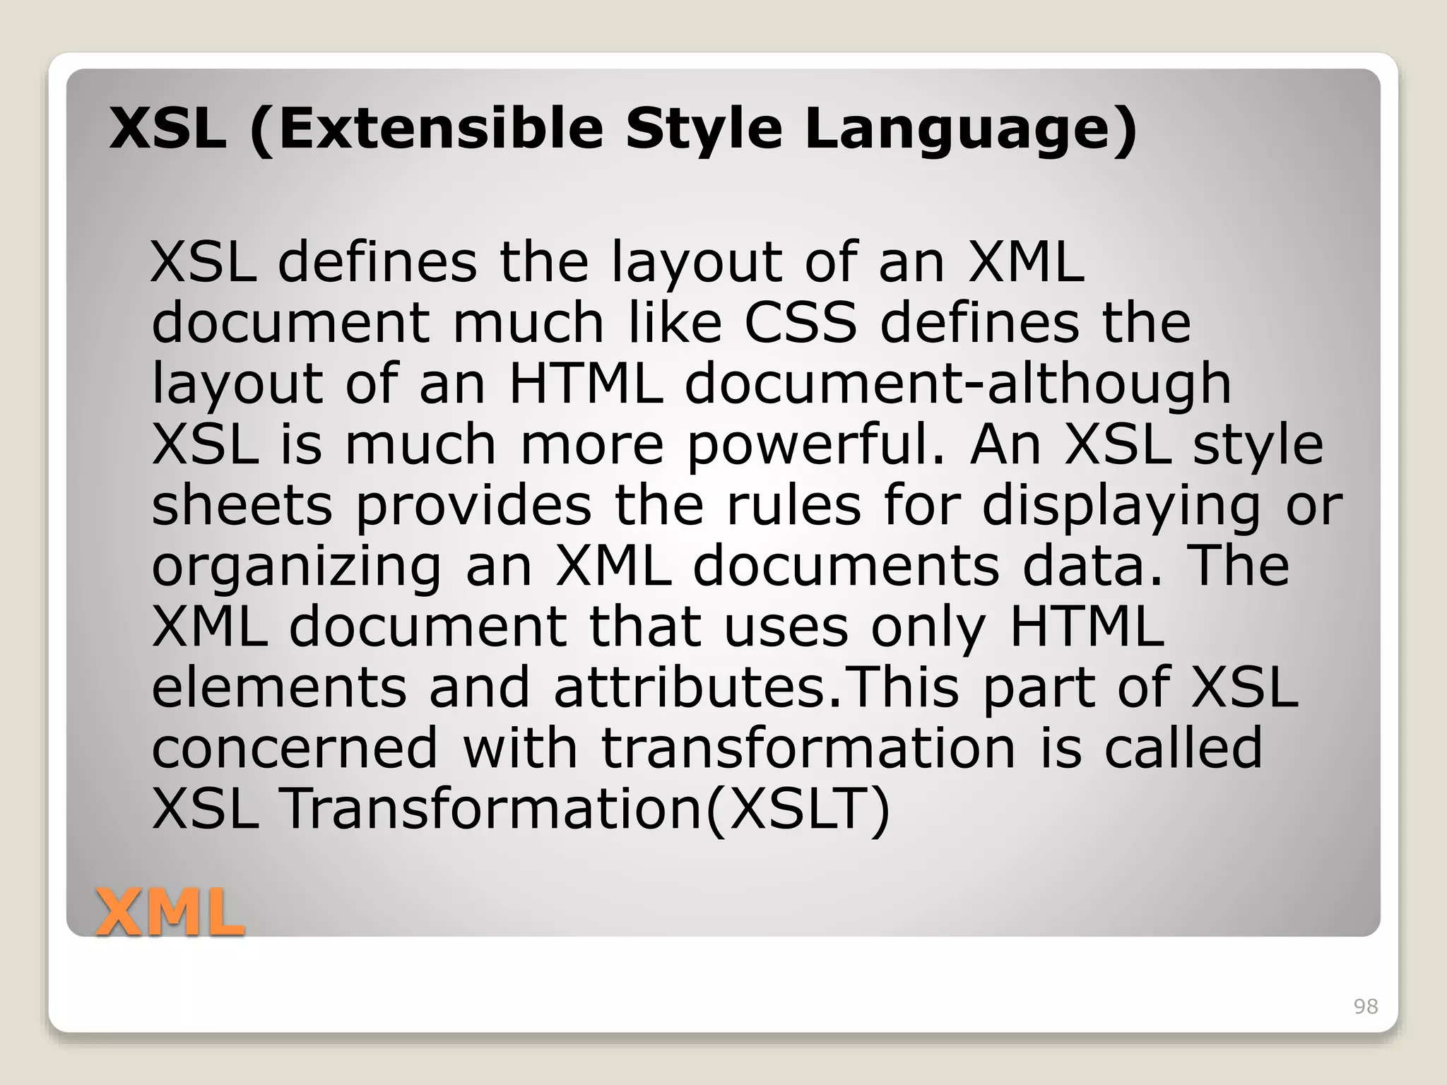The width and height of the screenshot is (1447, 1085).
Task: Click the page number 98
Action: coord(1365,1007)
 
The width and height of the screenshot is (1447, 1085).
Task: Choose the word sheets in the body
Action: coord(242,505)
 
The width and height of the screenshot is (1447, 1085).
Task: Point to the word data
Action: coord(1091,566)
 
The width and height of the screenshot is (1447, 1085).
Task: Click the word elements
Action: coord(279,688)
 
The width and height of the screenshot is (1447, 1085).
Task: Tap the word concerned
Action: coord(295,748)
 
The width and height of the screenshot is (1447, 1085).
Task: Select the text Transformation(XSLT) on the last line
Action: coord(586,810)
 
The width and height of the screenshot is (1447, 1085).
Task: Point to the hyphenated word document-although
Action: coord(957,384)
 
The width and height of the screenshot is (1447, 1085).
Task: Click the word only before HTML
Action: coord(928,628)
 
